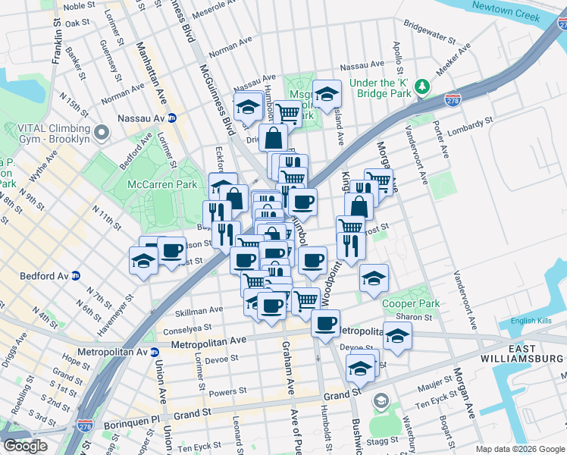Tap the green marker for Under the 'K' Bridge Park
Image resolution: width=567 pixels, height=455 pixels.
pos(423,89)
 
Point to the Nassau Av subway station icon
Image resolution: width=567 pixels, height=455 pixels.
pos(172,118)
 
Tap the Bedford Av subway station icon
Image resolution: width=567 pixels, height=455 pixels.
pos(76,276)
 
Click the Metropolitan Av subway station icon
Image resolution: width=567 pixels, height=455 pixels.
pos(155,352)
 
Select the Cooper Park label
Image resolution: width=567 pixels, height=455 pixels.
pos(411,303)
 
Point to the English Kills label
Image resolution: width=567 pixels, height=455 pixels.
pos(534,320)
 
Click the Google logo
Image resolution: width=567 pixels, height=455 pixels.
pos(25,445)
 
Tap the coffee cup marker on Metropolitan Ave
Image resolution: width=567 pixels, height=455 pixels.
pos(325,322)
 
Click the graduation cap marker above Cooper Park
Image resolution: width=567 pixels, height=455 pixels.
pos(374,278)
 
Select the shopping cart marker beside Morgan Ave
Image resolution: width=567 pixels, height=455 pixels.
pos(380,181)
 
